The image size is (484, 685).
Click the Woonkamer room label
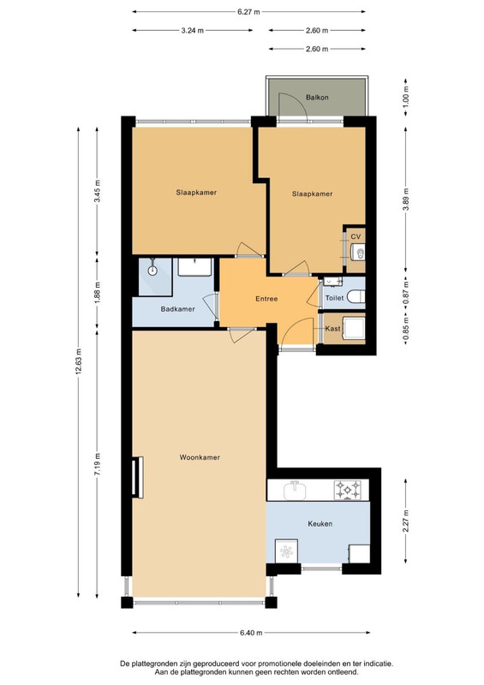pos(200,457)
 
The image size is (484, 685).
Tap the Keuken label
pos(320,523)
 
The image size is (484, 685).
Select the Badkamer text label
pos(177,309)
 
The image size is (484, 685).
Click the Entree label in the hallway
pos(266,299)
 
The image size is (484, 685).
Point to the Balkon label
pos(317,98)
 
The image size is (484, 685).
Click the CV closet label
pos(356,237)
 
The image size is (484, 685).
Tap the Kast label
pos(332,329)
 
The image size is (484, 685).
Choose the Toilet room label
pos(334,298)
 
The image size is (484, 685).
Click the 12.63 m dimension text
pos(79,362)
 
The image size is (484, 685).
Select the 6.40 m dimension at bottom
pos(251,632)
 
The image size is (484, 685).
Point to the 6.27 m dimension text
pos(248,12)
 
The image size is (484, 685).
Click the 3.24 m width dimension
pos(193,31)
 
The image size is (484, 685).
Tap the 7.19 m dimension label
pos(97,464)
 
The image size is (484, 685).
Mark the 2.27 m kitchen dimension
pos(406,521)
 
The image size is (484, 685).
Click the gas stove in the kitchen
pos(348,490)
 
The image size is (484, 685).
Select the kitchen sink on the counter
pos(296,490)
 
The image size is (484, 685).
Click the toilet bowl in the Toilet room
pos(356,297)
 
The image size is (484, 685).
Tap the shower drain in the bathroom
pos(152,271)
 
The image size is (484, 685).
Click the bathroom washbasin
pos(195,267)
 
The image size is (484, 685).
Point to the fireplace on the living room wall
pos(138,477)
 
